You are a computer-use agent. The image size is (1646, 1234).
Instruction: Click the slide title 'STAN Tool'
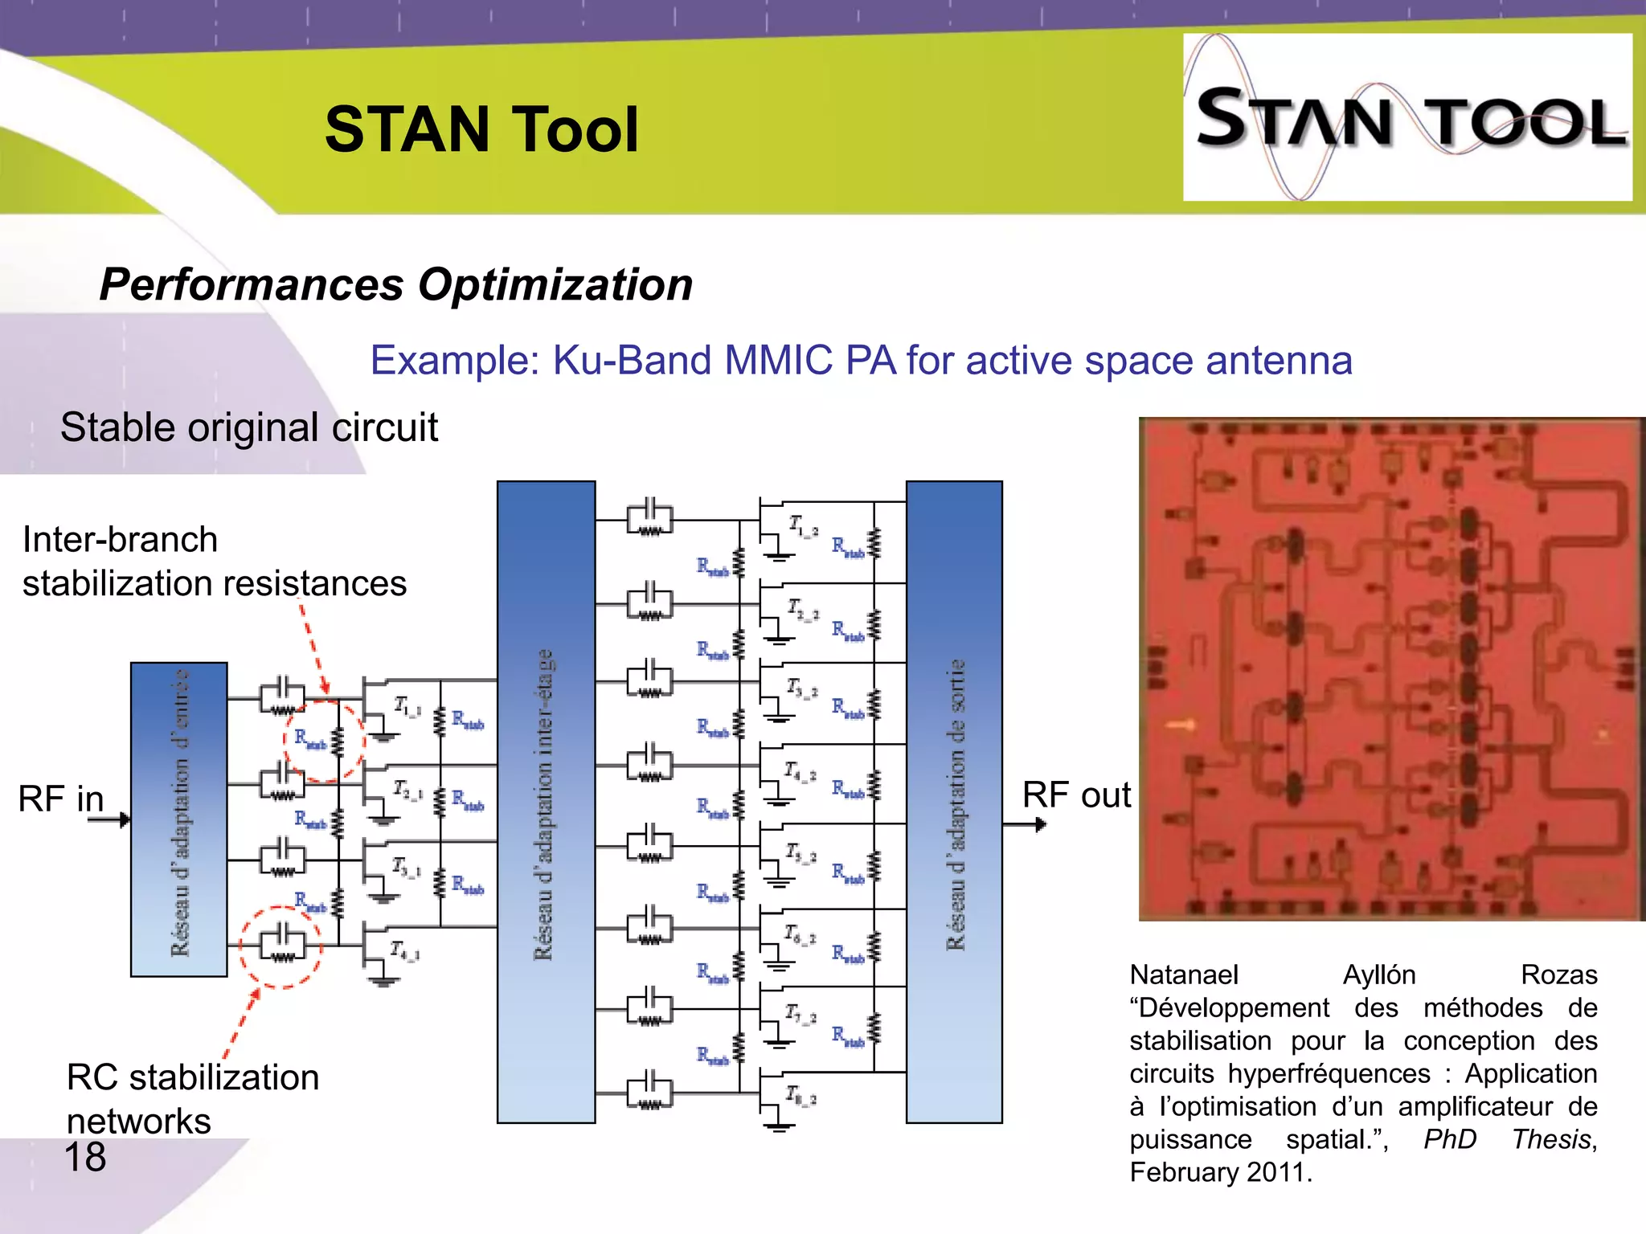pos(481,130)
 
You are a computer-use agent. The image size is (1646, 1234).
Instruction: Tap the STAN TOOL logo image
pos(1406,117)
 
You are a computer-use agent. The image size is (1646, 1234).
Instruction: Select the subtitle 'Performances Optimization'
pos(395,285)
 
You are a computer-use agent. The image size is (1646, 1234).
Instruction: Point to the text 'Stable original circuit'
pos(249,427)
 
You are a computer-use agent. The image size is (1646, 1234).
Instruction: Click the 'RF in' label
pos(61,799)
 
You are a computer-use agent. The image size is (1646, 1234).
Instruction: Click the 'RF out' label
pos(1075,795)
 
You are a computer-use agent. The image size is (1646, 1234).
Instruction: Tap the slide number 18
pos(84,1158)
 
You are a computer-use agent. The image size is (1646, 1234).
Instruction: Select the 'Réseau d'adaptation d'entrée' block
pos(179,819)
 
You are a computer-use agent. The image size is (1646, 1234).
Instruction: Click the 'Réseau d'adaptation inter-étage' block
pos(546,802)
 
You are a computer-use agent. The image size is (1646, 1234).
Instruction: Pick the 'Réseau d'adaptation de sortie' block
pos(954,802)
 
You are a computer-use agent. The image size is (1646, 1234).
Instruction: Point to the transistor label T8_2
pos(800,1095)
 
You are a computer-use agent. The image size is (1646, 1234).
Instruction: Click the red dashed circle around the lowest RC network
pos(280,946)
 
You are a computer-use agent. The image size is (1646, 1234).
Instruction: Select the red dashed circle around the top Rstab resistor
pos(324,741)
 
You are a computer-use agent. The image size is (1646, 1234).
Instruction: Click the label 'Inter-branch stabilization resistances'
pos(214,562)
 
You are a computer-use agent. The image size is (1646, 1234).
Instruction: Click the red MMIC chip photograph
pos(1391,668)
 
